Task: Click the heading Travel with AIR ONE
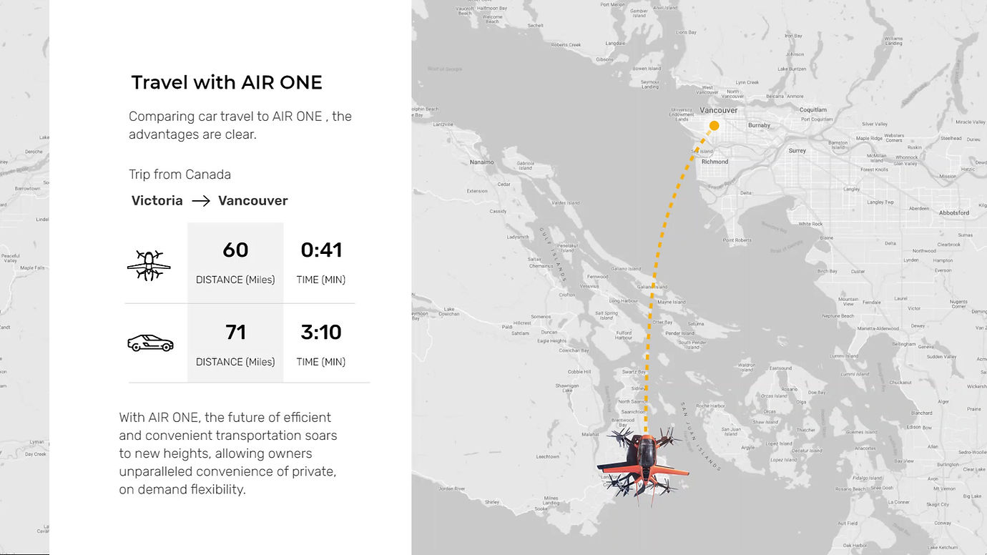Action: coord(226,83)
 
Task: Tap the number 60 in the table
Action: coord(235,250)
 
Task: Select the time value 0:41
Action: coord(321,250)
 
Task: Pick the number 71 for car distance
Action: coord(235,333)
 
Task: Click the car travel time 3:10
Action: coord(321,333)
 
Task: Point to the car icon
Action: coord(150,343)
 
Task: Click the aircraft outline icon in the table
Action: coord(149,265)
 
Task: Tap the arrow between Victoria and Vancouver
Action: coord(201,201)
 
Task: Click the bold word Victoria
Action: coord(157,201)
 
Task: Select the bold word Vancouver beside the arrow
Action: coord(253,201)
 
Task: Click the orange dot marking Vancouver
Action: coord(714,126)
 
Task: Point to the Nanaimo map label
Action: coord(482,162)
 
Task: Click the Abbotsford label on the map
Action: coord(954,212)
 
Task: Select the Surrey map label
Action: coord(797,151)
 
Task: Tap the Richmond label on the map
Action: coord(715,162)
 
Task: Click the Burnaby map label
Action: coord(759,125)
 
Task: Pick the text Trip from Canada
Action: coord(180,175)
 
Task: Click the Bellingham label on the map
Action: coord(904,344)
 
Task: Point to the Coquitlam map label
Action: coord(813,110)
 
